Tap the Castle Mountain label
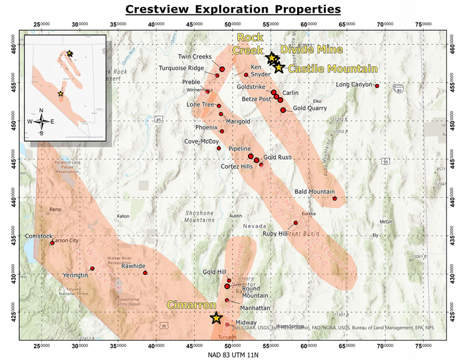[x=328, y=68]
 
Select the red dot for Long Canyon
[x=377, y=86]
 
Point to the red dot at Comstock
[x=52, y=243]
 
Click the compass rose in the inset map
[x=41, y=121]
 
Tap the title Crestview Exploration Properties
[x=234, y=10]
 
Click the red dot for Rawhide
[x=145, y=273]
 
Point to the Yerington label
[x=76, y=275]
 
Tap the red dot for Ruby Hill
[x=295, y=223]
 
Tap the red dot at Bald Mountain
[x=335, y=199]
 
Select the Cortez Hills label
[x=237, y=166]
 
